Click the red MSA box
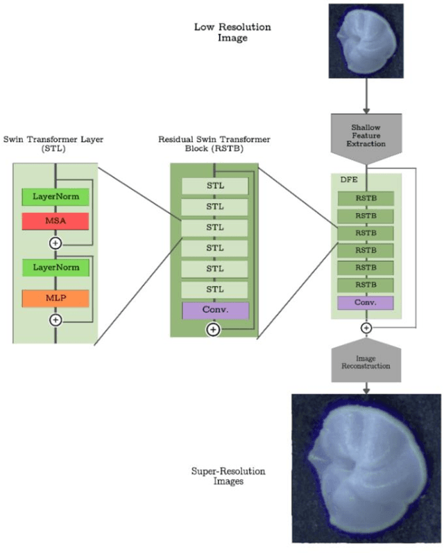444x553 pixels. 55,221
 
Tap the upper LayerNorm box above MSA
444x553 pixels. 55,197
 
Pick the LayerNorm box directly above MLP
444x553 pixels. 55,266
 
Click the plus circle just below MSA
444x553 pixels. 55,243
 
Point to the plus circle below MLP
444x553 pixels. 55,319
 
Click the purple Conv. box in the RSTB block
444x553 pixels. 214,310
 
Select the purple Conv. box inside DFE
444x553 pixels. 366,302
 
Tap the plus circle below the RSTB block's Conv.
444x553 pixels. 214,330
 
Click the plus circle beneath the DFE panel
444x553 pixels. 366,328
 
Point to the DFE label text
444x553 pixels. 348,180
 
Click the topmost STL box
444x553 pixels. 214,186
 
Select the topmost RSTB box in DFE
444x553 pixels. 366,198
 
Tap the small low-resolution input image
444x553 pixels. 366,41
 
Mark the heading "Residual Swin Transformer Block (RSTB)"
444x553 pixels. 214,146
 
